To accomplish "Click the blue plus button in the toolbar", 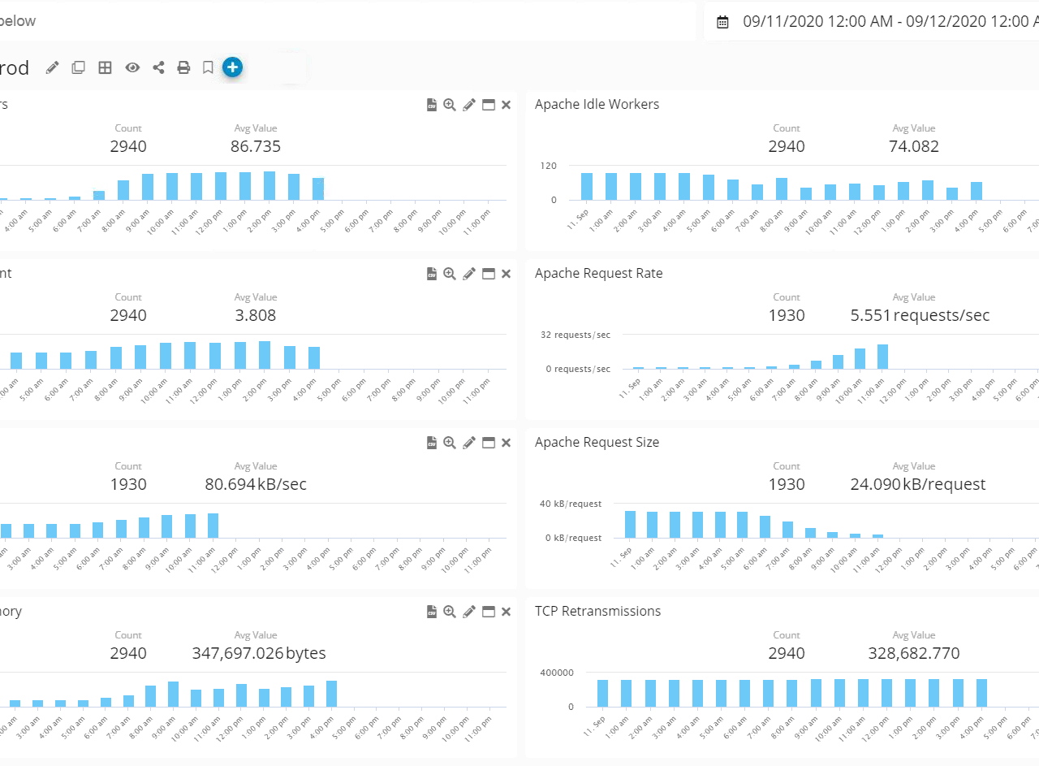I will pyautogui.click(x=232, y=67).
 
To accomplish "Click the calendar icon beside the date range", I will pyautogui.click(x=722, y=22).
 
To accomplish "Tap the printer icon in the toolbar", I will pyautogui.click(x=183, y=67).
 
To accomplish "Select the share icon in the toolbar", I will pyautogui.click(x=158, y=67).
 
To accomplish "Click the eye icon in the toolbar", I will pyautogui.click(x=132, y=67).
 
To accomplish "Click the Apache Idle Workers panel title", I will pyautogui.click(x=597, y=104).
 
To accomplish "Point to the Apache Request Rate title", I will pyautogui.click(x=598, y=273).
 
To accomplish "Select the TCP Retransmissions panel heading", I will pyautogui.click(x=597, y=611).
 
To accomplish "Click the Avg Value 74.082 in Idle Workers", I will pyautogui.click(x=913, y=146).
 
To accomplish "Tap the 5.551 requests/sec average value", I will pyautogui.click(x=920, y=315).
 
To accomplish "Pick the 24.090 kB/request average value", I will pyautogui.click(x=917, y=484).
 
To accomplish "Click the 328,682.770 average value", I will pyautogui.click(x=913, y=653).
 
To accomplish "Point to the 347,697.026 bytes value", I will pyautogui.click(x=259, y=653).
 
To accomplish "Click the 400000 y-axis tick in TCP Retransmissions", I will pyautogui.click(x=556, y=673).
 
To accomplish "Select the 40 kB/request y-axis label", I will pyautogui.click(x=570, y=504).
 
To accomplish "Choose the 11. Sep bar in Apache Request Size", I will pyautogui.click(x=630, y=524).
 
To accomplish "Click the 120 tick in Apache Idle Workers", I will pyautogui.click(x=549, y=166).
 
